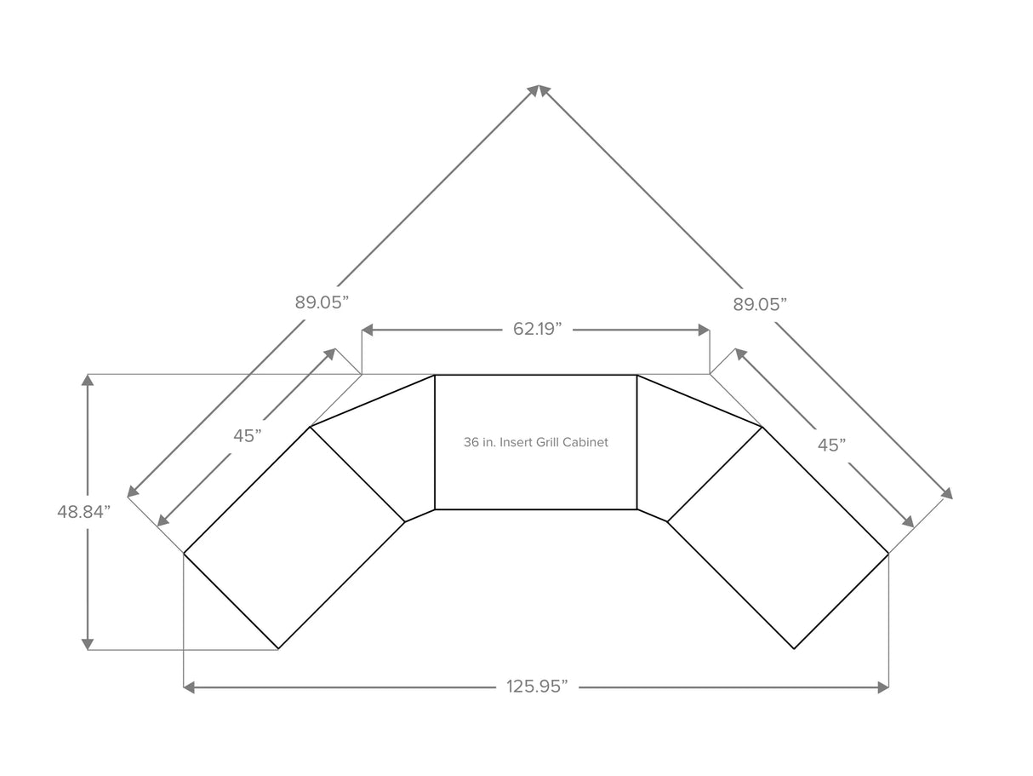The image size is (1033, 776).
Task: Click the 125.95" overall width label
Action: pos(536,687)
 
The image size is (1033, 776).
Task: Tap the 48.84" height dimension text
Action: pos(84,512)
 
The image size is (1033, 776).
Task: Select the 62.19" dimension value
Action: pos(536,330)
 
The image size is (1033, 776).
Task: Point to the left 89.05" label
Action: pos(322,302)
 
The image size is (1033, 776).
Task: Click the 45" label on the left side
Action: pos(248,435)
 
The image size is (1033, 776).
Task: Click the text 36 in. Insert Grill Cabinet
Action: pos(536,443)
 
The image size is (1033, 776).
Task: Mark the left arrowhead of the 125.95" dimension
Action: pos(190,687)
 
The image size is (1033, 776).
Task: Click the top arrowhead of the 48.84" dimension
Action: pos(88,380)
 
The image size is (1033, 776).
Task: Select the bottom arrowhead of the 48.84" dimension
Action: pos(88,644)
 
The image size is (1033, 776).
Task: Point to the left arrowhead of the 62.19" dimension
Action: pos(368,330)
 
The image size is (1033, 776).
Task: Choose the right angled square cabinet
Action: pos(779,537)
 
